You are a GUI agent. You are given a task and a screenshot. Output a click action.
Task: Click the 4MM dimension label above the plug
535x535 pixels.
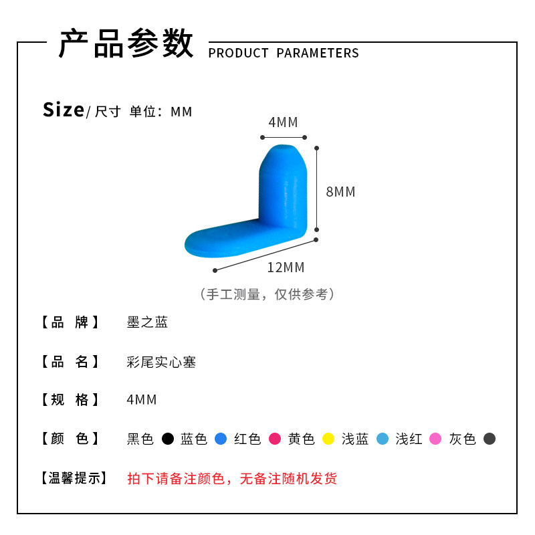(x=283, y=122)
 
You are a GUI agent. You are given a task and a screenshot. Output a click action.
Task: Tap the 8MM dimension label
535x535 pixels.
(x=340, y=192)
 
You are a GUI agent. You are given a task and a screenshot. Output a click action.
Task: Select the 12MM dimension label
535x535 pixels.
(x=286, y=267)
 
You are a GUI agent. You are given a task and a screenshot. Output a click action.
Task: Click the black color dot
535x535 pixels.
(x=168, y=439)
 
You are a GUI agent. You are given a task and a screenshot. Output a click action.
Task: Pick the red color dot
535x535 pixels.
(x=274, y=439)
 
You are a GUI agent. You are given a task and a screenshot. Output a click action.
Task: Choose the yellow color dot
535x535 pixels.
(x=328, y=439)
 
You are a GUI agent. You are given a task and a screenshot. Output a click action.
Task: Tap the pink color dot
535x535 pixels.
(x=435, y=439)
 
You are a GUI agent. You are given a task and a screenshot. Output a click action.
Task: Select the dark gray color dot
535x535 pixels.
(x=490, y=439)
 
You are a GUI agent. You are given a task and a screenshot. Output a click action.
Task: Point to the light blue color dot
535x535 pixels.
(x=382, y=439)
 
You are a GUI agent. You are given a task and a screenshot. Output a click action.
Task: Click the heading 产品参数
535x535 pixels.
(x=126, y=44)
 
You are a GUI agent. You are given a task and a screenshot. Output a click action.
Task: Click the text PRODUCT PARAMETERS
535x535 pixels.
(x=284, y=53)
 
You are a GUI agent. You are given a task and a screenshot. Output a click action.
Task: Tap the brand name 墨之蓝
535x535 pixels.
(x=147, y=322)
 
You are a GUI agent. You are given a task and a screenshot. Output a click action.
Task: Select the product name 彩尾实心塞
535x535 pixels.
(x=161, y=362)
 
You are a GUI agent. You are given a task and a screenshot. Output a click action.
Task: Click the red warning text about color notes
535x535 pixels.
(x=232, y=478)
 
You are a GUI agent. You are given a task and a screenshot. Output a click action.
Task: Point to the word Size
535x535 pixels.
(x=64, y=110)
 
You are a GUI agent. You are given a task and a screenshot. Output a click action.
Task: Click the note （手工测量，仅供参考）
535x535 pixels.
(x=267, y=294)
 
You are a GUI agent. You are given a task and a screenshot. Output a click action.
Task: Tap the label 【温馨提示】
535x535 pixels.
(x=72, y=478)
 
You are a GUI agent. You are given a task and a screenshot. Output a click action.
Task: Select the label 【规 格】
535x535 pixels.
(x=70, y=400)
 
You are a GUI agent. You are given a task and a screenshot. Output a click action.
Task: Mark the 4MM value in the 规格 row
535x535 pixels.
(x=141, y=400)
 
